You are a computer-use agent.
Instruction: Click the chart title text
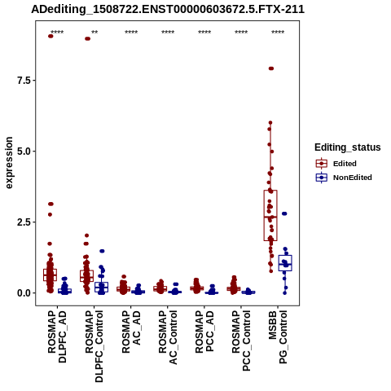[x=168, y=10]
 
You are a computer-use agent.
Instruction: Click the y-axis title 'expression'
[x=9, y=163]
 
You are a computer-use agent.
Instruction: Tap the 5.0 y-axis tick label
[x=23, y=152]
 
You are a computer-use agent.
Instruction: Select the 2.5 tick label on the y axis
[x=23, y=222]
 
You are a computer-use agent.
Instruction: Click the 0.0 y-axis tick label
[x=23, y=293]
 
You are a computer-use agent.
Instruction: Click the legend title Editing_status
[x=348, y=147]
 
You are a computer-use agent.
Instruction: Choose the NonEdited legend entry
[x=344, y=178]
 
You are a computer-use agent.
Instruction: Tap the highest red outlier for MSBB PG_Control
[x=271, y=68]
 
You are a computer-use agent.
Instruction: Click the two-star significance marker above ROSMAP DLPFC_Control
[x=94, y=32]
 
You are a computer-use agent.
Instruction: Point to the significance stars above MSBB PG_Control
[x=278, y=32]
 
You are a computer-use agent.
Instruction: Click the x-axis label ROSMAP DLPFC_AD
[x=57, y=336]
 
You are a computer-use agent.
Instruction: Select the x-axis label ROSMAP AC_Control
[x=168, y=337]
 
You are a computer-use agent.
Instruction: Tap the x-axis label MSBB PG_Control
[x=278, y=337]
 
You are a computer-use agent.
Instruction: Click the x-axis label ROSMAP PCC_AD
[x=204, y=332]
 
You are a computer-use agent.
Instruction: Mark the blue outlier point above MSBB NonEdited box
[x=284, y=213]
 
